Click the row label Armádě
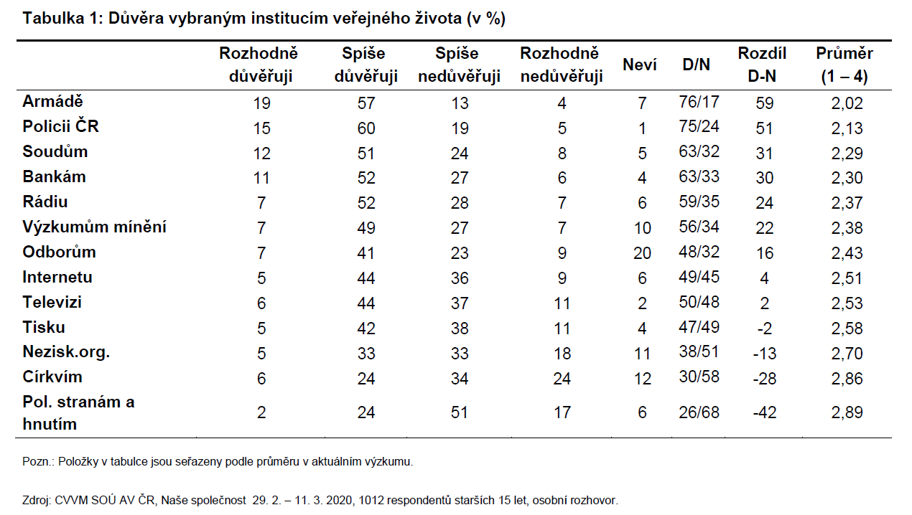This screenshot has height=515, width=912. (52, 101)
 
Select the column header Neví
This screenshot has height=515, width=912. (640, 65)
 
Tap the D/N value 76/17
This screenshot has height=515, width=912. (699, 102)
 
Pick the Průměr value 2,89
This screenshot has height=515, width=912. (847, 412)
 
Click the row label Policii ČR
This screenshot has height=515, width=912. (60, 126)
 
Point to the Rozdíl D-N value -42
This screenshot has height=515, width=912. (765, 412)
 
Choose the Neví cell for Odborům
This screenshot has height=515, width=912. (642, 253)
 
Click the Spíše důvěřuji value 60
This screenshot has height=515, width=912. (366, 128)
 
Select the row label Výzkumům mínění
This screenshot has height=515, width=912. (95, 227)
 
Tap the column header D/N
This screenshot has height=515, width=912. (697, 65)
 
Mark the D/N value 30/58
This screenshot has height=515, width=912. (699, 377)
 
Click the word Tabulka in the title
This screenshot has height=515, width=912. (53, 19)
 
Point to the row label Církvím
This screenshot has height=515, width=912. (52, 377)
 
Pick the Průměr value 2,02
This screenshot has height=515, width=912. (847, 103)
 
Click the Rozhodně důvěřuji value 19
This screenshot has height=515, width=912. (261, 103)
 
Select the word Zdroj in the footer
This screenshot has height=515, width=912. (36, 501)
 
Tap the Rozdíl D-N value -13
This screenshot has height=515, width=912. (765, 354)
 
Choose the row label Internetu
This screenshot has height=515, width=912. (57, 277)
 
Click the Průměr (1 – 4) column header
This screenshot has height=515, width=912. (844, 65)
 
